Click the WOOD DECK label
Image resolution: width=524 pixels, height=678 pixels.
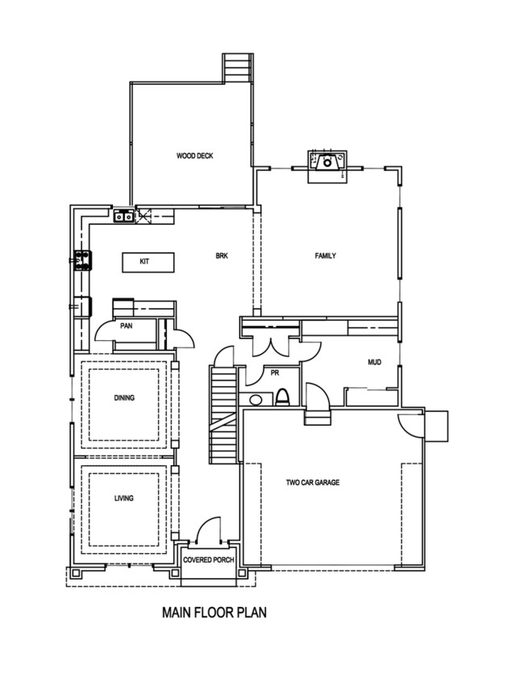[x=194, y=156]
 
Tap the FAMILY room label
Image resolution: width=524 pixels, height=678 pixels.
[x=325, y=256]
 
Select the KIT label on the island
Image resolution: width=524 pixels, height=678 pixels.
[x=145, y=262]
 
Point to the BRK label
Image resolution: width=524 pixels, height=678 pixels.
[x=222, y=256]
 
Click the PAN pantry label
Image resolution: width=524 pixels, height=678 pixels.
[x=127, y=327]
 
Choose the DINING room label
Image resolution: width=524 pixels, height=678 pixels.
[x=124, y=397]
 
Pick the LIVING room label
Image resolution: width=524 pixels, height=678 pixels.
[x=123, y=498]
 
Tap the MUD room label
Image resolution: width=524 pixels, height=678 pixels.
[x=374, y=363]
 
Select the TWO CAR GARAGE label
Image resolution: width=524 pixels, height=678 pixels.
[x=313, y=483]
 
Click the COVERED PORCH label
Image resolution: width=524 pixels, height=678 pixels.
[x=209, y=559]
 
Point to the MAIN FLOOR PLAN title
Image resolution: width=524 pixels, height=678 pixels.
[x=214, y=613]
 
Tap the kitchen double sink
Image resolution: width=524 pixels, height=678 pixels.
[x=123, y=215]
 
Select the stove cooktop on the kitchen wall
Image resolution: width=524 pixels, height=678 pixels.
[x=81, y=260]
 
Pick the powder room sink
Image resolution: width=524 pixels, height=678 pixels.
[x=256, y=399]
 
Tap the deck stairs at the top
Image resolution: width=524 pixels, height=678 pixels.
[x=236, y=68]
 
